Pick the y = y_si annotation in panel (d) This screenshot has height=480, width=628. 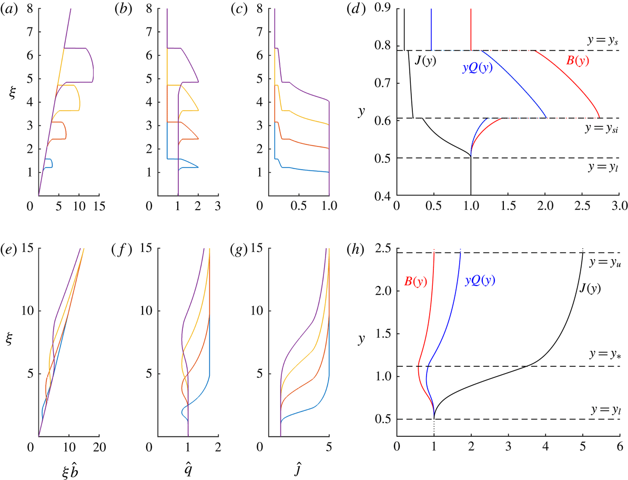[x=603, y=128]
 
